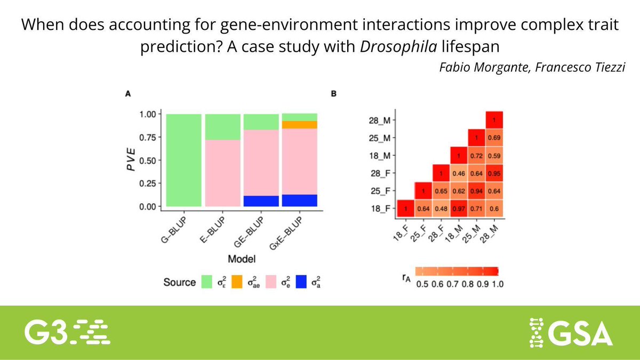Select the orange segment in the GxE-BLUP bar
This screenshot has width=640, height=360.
coord(299,125)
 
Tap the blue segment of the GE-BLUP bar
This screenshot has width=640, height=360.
coord(261,201)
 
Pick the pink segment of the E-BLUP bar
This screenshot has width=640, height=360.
coord(222,173)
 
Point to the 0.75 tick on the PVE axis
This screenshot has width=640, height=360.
coord(151,137)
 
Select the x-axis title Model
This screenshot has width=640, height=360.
coord(241,259)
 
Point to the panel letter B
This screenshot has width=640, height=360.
coord(333,94)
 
